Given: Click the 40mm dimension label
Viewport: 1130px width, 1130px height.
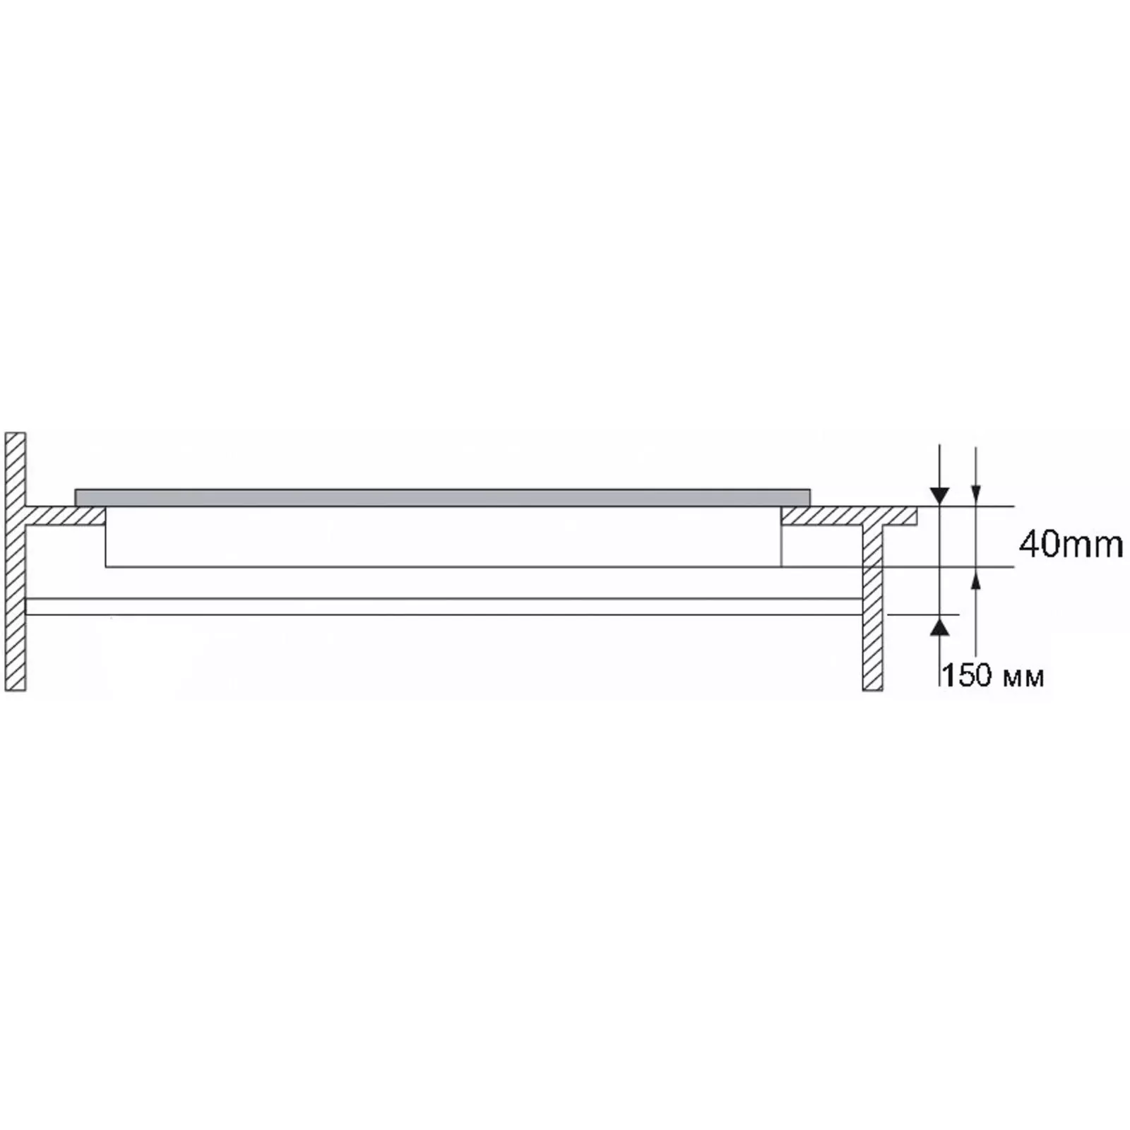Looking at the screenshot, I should coord(1070,545).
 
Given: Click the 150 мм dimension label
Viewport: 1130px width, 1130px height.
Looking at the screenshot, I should coord(992,676).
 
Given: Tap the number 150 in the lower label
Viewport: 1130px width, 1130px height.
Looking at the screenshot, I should coord(967,676).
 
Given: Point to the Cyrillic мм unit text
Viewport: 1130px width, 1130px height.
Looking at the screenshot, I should coord(1023,678).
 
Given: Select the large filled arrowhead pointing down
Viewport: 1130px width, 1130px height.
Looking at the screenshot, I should coord(939,496).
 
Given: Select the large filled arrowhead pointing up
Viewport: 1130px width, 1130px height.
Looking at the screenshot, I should coord(939,625).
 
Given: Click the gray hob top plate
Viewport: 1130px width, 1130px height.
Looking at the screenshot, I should coord(442,496).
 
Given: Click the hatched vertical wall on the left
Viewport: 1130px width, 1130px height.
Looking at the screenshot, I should coord(16,561).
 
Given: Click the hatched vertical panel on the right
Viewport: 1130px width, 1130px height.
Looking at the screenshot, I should coord(872,607).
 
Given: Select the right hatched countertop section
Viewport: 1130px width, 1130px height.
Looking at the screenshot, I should coord(847,516).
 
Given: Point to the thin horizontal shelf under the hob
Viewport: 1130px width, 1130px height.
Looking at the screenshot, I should coord(444,607).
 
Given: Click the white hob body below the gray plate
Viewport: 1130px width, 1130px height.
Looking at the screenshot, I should coord(444,537).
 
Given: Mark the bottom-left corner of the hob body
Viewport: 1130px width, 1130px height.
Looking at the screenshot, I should coord(106,566).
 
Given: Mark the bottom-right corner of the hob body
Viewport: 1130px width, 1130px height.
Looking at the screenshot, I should coord(781,566).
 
